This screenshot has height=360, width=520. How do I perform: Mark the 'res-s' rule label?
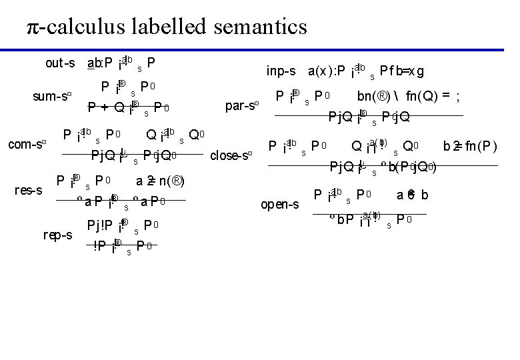tap(29, 191)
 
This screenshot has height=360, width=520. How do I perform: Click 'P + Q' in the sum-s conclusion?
tap(103, 107)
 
